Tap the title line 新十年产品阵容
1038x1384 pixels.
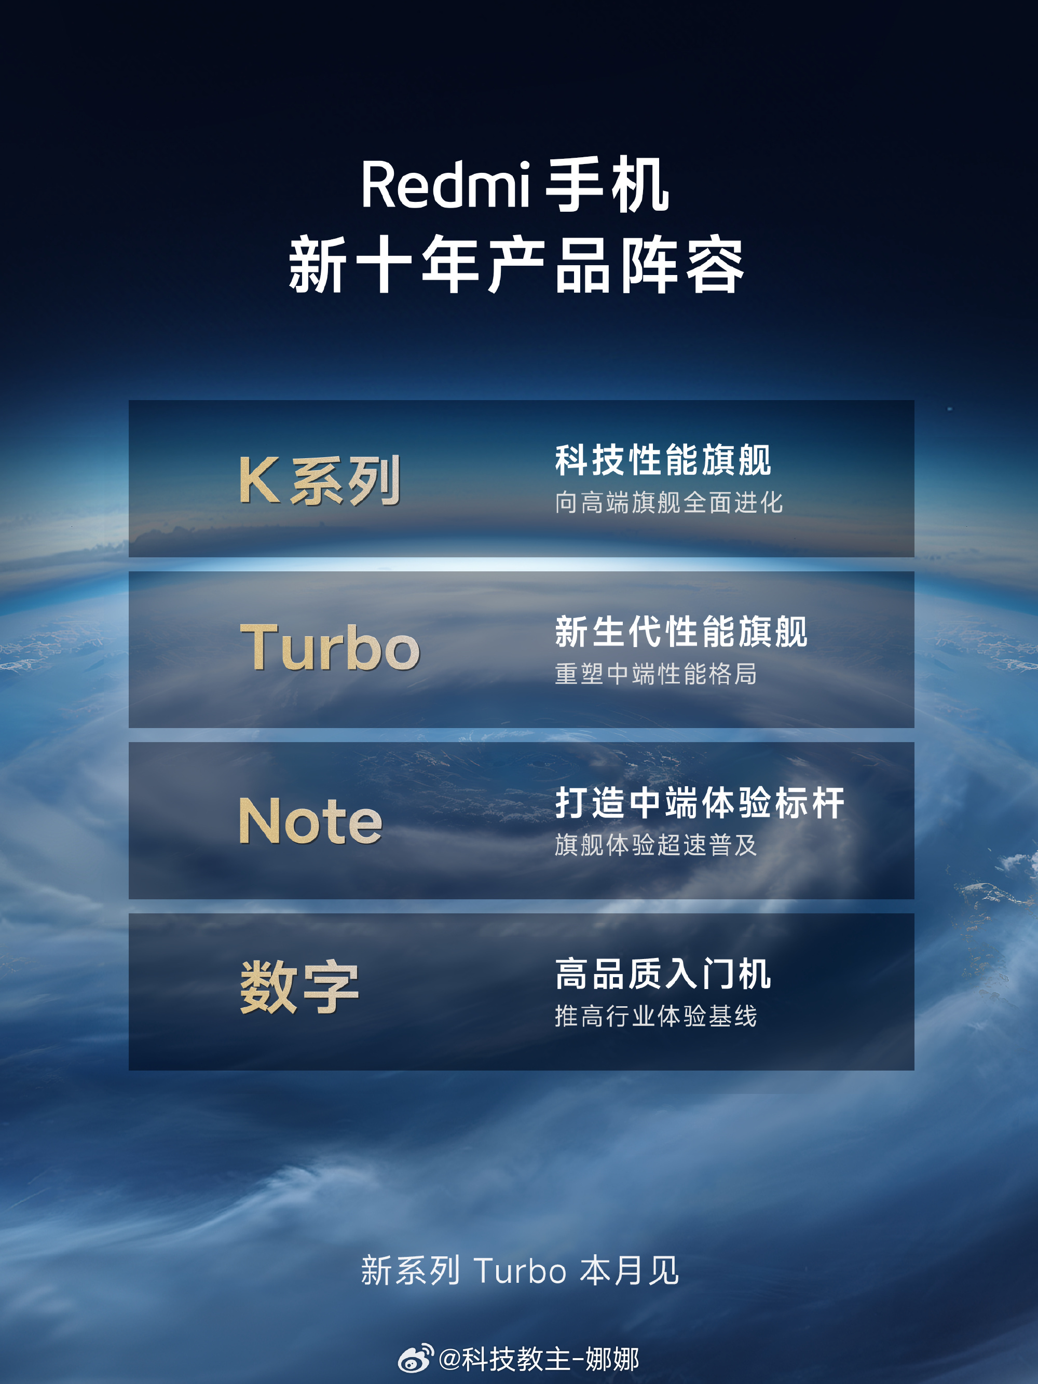point(517,265)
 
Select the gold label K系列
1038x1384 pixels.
point(320,480)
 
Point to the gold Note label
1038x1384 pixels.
point(310,820)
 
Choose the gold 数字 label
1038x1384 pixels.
point(299,988)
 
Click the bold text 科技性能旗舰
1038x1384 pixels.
point(663,460)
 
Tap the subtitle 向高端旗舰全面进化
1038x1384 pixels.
point(669,502)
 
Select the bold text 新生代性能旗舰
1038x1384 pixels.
point(681,632)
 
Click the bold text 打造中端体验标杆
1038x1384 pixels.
point(700,803)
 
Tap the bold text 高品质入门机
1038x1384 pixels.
point(663,974)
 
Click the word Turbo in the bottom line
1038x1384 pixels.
point(521,1271)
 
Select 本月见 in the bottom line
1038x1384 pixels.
point(630,1271)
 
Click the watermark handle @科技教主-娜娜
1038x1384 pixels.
point(539,1359)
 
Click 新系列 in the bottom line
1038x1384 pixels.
point(411,1271)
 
